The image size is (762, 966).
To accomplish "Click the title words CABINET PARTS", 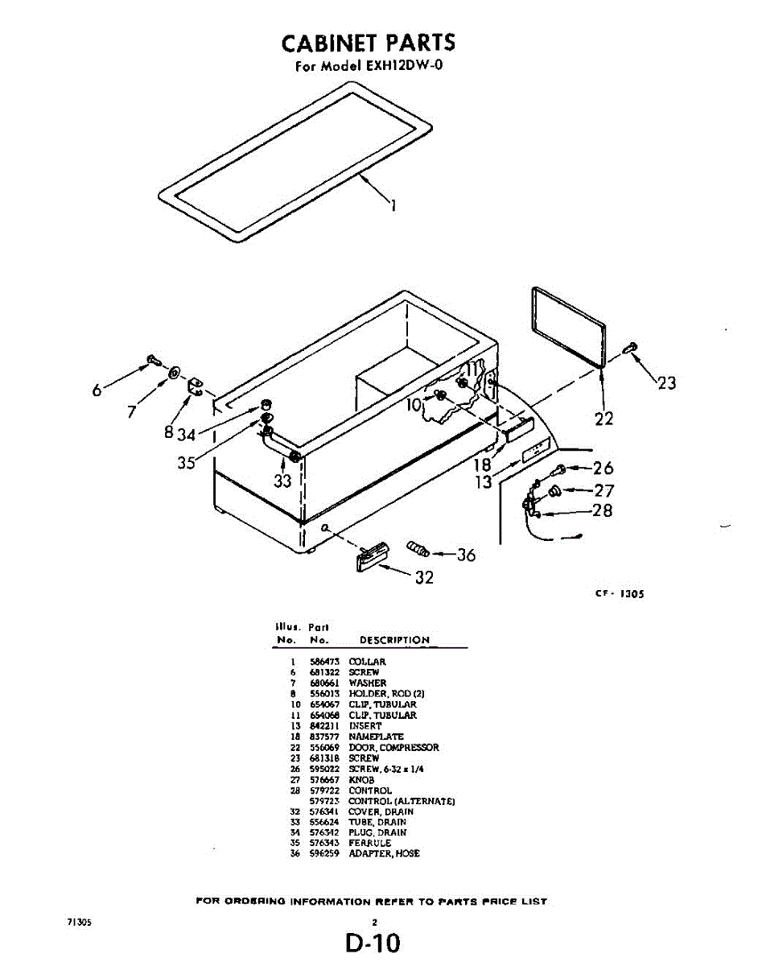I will click(x=369, y=42).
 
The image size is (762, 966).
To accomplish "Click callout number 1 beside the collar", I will click(x=393, y=205).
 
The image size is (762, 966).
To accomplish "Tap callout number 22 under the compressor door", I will click(x=603, y=419).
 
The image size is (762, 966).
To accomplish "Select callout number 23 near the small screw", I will click(x=666, y=383).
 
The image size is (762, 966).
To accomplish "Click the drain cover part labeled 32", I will click(x=373, y=555).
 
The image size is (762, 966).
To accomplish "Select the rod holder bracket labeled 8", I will click(x=196, y=388).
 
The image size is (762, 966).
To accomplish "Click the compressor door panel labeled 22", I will click(x=568, y=326).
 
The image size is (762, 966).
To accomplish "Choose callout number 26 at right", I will click(x=603, y=469).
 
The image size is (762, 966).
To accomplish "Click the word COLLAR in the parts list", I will click(x=367, y=662).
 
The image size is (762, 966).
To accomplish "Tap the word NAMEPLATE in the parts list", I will click(x=376, y=737).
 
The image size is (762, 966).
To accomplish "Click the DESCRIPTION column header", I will click(x=394, y=640).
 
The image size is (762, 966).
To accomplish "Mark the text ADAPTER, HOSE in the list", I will click(x=384, y=853).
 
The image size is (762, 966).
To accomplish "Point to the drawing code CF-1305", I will click(x=620, y=594).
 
